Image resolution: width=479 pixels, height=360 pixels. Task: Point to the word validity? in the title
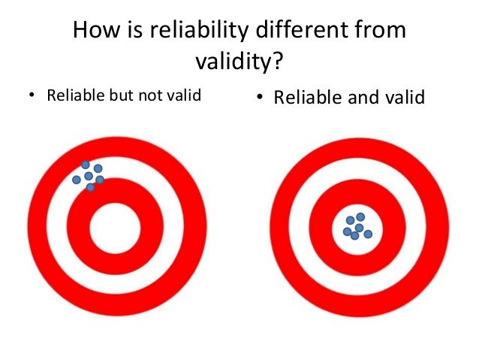[x=239, y=62]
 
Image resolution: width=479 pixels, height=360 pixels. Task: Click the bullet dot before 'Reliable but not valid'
[x=31, y=96]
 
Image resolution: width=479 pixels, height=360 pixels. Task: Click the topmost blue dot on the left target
[x=86, y=165]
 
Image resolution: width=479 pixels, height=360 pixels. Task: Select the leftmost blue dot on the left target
[x=77, y=180]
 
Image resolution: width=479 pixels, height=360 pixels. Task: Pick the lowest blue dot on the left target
[x=91, y=187]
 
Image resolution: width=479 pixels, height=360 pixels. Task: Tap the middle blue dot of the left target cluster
[x=89, y=176]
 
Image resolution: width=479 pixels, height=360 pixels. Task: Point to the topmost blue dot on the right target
[x=360, y=217]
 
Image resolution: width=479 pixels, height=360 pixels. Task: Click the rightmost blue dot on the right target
[x=368, y=233]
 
